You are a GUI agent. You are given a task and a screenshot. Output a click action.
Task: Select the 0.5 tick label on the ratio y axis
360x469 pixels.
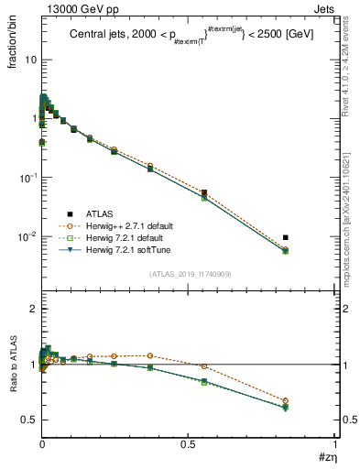tap(27, 420)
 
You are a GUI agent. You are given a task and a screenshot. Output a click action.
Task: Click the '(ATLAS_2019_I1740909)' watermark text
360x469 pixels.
tap(189, 274)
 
